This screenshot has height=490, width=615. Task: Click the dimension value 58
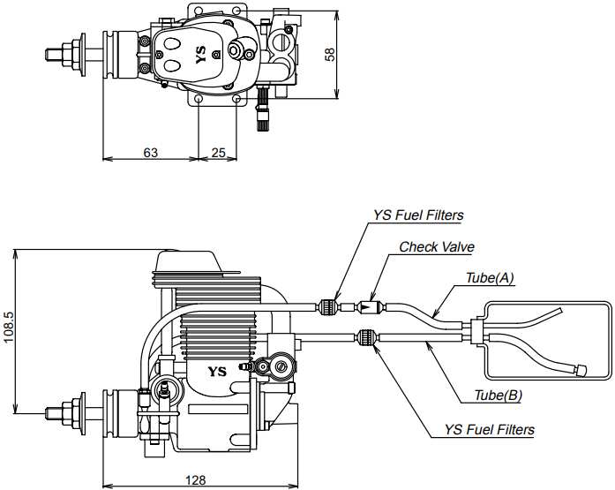click(x=330, y=54)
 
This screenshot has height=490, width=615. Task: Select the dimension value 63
click(x=150, y=152)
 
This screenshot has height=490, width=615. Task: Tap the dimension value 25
click(x=219, y=152)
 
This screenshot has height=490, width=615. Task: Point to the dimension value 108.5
click(x=8, y=328)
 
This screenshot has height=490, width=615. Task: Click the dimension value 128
click(x=196, y=479)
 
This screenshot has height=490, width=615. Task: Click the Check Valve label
click(x=437, y=246)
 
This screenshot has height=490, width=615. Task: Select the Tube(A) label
click(x=490, y=278)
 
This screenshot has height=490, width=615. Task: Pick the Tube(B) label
click(x=499, y=395)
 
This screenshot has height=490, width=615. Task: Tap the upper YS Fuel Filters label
click(x=418, y=215)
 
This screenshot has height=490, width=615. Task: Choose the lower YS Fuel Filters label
click(x=489, y=429)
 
